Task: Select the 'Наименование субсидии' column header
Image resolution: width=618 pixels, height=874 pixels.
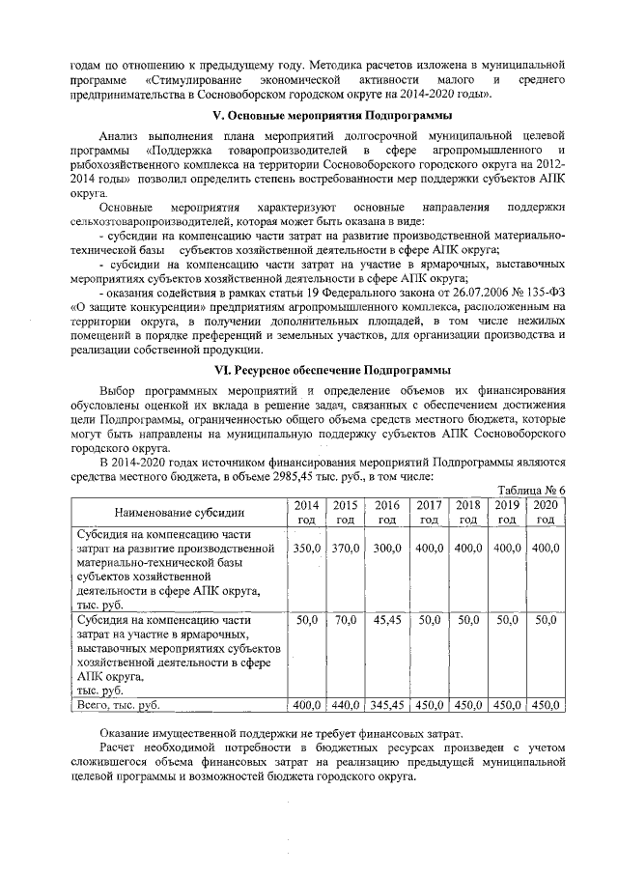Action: [179, 512]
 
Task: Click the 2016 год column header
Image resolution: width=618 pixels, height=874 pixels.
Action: [388, 512]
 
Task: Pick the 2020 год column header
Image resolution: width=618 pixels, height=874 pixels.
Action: [546, 512]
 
